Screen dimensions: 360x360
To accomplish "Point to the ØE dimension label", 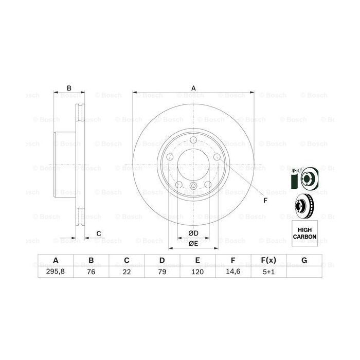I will (x=193, y=243).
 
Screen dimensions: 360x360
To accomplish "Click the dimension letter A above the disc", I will (x=194, y=88).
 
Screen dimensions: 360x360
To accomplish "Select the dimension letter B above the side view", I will (x=68, y=88).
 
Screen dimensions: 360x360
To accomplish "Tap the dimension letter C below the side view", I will (x=98, y=234).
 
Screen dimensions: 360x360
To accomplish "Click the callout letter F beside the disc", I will (x=265, y=200).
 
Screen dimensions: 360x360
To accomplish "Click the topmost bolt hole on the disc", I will (x=193, y=142).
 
